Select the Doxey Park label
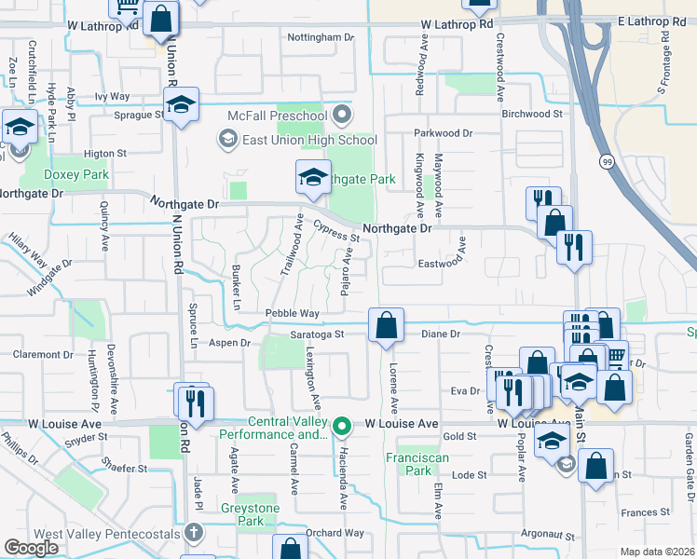coord(77,174)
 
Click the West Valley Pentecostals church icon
coord(193,533)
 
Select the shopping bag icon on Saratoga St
coord(386,326)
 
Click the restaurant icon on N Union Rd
coord(195,402)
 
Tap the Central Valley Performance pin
coord(342,427)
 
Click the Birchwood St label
coord(533,114)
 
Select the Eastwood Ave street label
coord(442,264)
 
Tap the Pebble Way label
coord(292,313)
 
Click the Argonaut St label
coord(548,535)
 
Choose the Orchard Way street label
coord(335,533)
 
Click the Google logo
coord(32,548)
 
